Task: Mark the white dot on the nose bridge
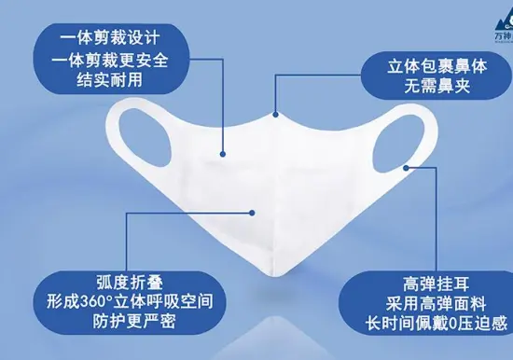276,114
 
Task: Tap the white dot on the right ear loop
407,169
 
